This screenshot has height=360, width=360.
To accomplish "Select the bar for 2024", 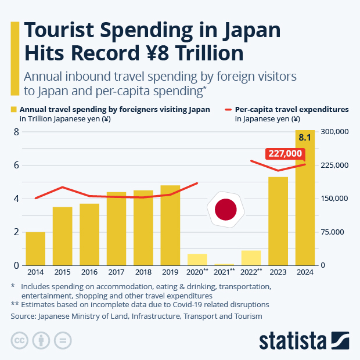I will coord(305,203).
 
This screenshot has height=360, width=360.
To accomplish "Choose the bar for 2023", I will coord(278,221).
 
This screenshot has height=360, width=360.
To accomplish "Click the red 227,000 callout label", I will coord(285,153).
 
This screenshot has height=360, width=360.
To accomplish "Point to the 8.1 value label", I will coord(305,138).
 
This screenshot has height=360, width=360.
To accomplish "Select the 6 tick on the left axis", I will coord(16,165).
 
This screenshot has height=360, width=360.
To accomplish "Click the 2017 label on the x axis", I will coord(116,272).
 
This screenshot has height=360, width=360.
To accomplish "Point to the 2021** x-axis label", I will coord(224,272).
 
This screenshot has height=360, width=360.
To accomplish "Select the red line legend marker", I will coord(227,109).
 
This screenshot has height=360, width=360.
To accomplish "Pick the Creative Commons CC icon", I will coord(20,340).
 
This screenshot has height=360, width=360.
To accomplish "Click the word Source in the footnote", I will coord(23,316).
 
